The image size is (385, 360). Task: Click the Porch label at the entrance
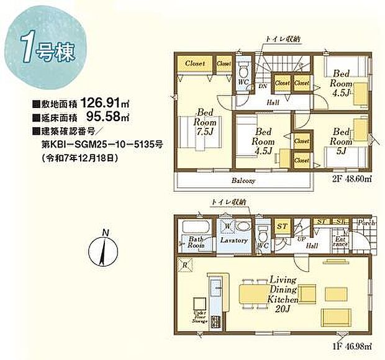363,222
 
